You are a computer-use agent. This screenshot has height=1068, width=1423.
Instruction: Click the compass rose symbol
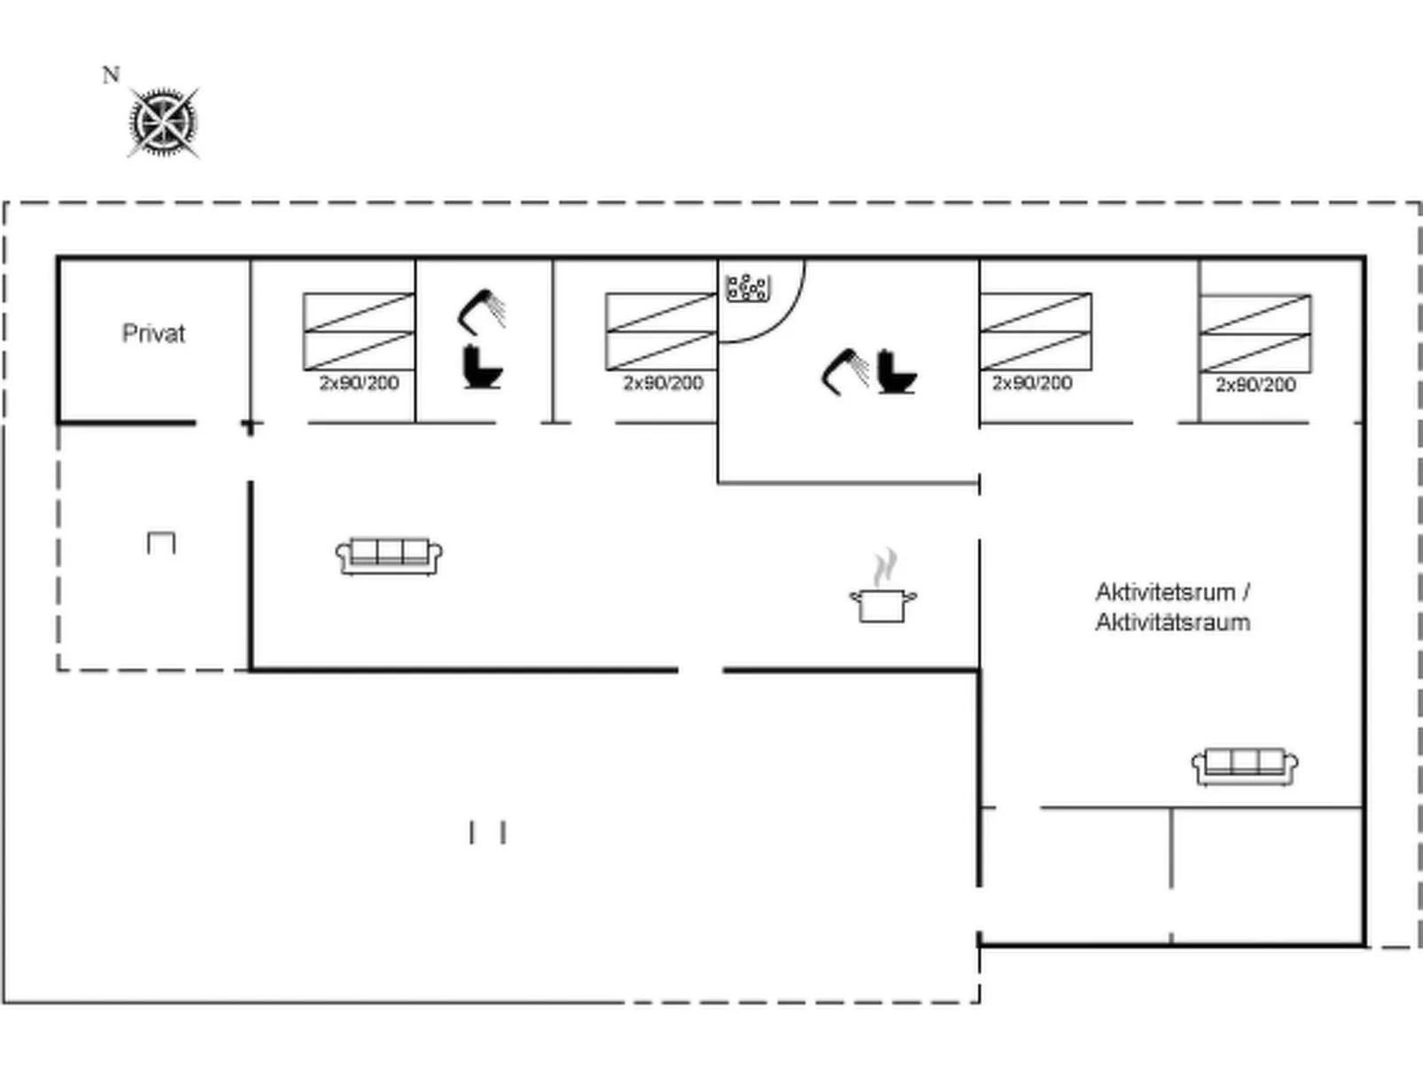(x=163, y=122)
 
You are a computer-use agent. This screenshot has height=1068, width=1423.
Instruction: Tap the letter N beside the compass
(x=111, y=75)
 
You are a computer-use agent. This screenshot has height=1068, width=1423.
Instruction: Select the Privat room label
(x=153, y=334)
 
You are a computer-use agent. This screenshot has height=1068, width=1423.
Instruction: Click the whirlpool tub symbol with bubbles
(x=747, y=287)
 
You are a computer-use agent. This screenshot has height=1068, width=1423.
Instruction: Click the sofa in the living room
(x=389, y=556)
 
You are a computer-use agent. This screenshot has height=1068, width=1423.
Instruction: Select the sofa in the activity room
(x=1244, y=767)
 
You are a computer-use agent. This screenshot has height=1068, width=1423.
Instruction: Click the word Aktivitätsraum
(x=1172, y=622)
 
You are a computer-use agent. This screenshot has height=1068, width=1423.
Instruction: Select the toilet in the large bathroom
(x=897, y=373)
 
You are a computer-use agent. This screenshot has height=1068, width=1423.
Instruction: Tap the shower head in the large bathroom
(x=844, y=370)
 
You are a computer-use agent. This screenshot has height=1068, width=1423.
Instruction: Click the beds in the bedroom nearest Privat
(x=358, y=331)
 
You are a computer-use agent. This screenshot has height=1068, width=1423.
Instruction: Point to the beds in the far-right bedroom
(x=1255, y=333)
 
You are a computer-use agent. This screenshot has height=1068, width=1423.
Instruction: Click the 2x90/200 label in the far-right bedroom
(x=1255, y=385)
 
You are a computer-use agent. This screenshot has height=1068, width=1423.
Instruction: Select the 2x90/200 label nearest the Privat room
(x=359, y=383)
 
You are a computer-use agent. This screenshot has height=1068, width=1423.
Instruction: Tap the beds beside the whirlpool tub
(x=660, y=331)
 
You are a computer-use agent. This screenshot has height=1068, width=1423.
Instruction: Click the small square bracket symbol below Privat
(x=160, y=542)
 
